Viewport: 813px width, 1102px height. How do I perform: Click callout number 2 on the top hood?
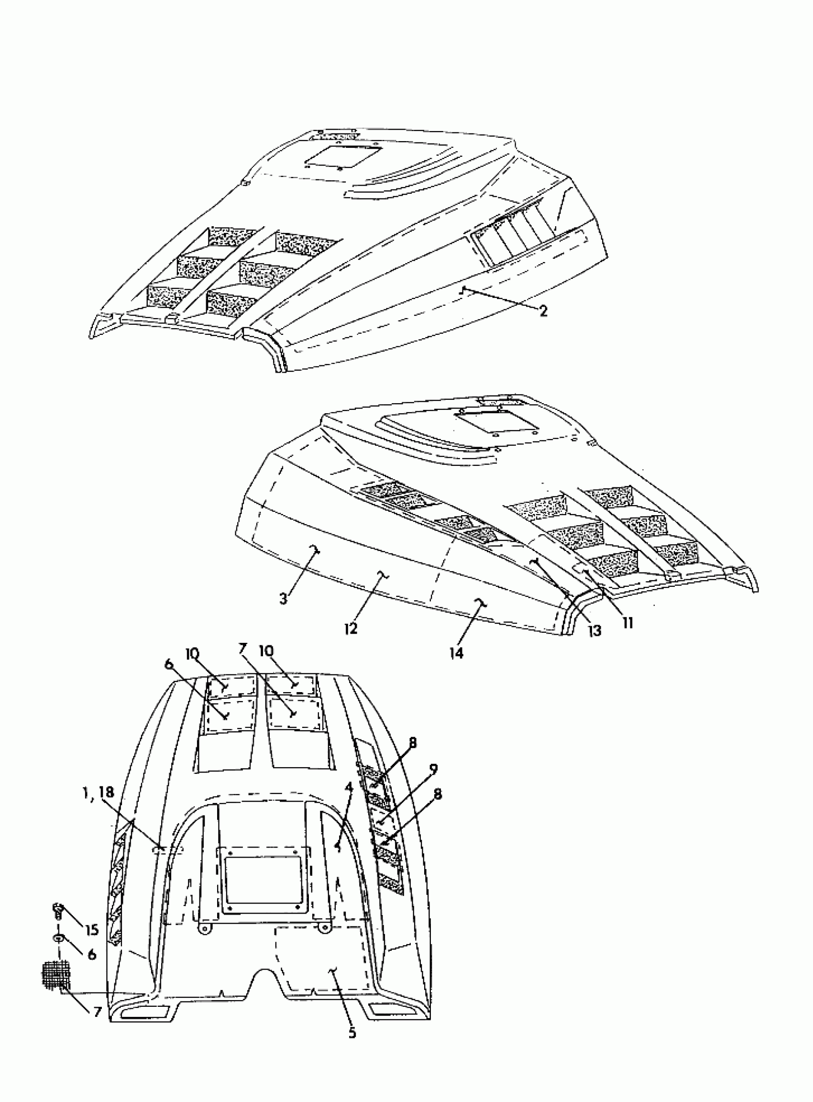(543, 311)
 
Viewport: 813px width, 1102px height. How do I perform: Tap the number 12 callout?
(351, 628)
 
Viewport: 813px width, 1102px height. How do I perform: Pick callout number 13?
(594, 630)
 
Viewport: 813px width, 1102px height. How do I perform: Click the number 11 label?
(627, 623)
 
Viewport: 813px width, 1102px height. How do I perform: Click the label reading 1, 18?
(100, 792)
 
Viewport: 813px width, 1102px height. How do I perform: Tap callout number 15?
(91, 930)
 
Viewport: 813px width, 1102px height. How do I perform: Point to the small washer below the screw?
(58, 938)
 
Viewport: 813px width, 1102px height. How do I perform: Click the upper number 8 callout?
(412, 743)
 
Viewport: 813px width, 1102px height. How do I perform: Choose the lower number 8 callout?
(437, 794)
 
